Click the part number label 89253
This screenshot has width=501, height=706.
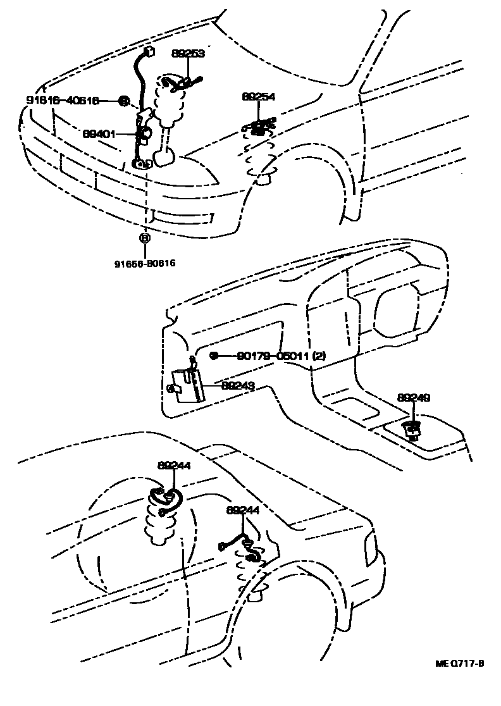(189, 54)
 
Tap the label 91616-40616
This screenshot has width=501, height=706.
(63, 101)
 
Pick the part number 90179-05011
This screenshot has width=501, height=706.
(274, 356)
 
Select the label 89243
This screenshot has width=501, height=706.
(237, 385)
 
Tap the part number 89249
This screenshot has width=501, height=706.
(414, 398)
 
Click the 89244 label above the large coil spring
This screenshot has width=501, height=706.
(174, 466)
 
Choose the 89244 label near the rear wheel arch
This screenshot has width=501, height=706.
(243, 510)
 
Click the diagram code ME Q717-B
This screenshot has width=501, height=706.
(460, 664)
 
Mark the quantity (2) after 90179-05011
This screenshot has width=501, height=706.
(319, 356)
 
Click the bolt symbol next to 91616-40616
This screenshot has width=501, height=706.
(123, 101)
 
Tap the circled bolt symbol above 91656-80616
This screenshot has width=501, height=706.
(145, 238)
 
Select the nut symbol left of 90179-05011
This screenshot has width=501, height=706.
(214, 356)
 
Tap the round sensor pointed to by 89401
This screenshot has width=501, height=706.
(145, 133)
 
